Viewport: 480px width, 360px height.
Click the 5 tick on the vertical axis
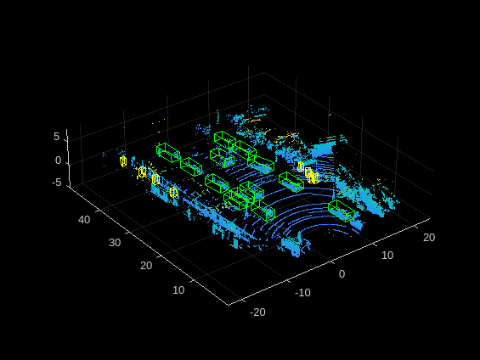point(57,136)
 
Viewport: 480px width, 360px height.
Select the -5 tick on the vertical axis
point(56,181)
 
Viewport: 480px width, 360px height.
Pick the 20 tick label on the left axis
point(145,265)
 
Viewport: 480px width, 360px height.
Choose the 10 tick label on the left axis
point(178,290)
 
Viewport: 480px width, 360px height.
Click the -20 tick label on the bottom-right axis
point(257,312)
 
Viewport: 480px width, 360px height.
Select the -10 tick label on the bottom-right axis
point(302,292)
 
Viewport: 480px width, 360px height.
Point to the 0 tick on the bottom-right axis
point(342,273)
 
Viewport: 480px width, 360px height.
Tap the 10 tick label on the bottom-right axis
point(387,255)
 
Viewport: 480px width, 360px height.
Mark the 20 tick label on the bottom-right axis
point(427,237)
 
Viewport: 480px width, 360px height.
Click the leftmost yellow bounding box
point(123,160)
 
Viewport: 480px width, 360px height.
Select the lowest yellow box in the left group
point(173,193)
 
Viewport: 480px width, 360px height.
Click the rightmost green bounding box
point(341,211)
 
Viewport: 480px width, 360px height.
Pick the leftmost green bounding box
point(168,152)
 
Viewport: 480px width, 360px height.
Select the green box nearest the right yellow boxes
point(291,180)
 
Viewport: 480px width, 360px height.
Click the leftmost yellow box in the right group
point(301,166)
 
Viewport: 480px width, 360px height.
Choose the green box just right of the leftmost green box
point(191,166)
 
